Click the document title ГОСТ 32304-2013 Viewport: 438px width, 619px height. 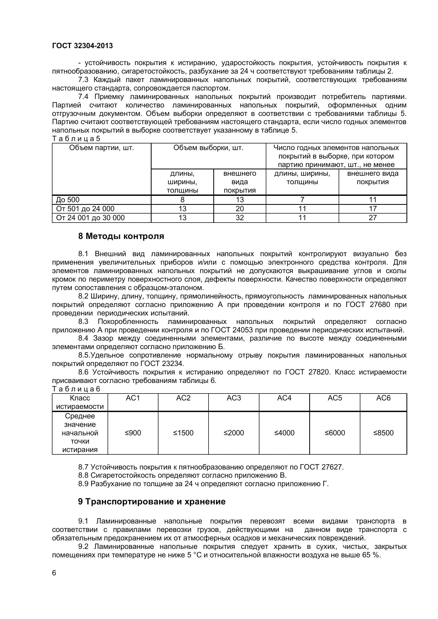pos(82,46)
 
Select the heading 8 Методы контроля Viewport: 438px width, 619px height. pos(121,236)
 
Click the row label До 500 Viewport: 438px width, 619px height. pos(68,200)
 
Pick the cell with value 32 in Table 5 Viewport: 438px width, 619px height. pos(240,218)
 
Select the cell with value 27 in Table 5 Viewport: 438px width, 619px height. pos(373,218)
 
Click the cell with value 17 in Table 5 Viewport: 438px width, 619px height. pos(373,209)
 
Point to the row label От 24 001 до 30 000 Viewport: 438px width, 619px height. pos(90,218)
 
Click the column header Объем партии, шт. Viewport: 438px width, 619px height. pos(101,148)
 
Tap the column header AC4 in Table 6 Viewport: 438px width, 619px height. pos(284,398)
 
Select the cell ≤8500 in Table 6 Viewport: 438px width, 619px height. pos(383,433)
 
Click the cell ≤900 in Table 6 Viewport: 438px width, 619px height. pos(133,433)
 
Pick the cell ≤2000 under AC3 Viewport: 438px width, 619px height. pos(234,433)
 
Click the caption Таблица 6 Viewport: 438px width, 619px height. pos(76,389)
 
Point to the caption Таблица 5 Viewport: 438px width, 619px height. pos(76,139)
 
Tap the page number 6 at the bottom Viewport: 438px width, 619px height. pos(54,573)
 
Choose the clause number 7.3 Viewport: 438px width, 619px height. pos(83,80)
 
